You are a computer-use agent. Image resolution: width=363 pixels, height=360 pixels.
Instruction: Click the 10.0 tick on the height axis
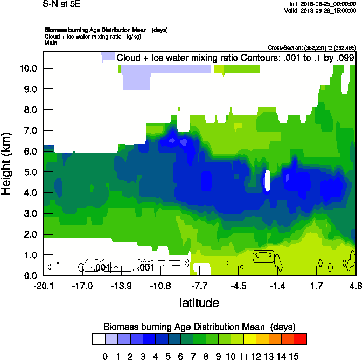click(29, 68)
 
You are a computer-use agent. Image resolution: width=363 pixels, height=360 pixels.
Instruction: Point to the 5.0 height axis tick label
click(29, 172)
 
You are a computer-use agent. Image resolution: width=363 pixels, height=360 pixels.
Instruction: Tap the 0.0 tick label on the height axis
click(29, 276)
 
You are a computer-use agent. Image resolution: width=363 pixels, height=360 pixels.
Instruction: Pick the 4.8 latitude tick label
click(355, 285)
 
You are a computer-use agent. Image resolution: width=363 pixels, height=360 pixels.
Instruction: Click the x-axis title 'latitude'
click(199, 303)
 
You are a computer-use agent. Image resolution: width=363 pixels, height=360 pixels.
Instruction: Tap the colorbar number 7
click(197, 355)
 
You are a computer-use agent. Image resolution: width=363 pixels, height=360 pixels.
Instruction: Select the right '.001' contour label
click(146, 267)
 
